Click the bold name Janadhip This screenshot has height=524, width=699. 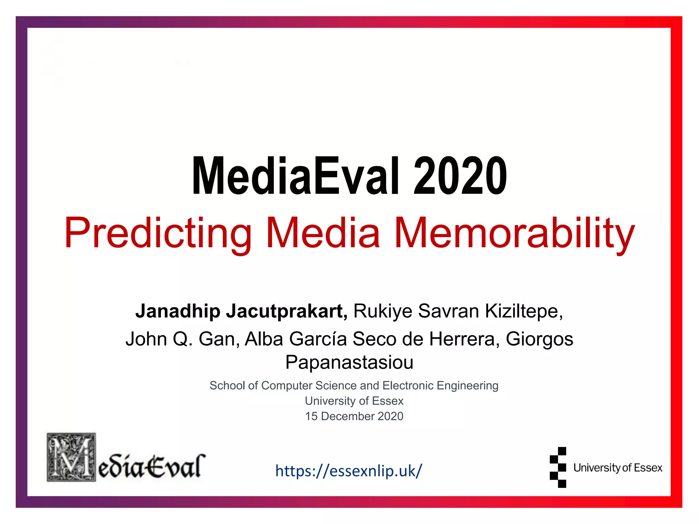[177, 311]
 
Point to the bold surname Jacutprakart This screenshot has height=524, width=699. [287, 311]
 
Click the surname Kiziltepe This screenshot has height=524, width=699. [524, 311]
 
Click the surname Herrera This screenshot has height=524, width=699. [464, 339]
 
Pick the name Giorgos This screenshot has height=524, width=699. [539, 339]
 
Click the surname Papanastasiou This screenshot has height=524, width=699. [349, 362]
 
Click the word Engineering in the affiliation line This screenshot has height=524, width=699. [467, 385]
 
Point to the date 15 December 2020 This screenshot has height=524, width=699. [354, 416]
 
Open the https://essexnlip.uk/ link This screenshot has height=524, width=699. [348, 471]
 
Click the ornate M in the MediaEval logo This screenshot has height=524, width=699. [71, 457]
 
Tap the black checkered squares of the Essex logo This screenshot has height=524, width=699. [558, 467]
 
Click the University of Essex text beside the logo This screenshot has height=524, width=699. [617, 468]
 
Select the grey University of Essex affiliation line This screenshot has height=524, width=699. [354, 401]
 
